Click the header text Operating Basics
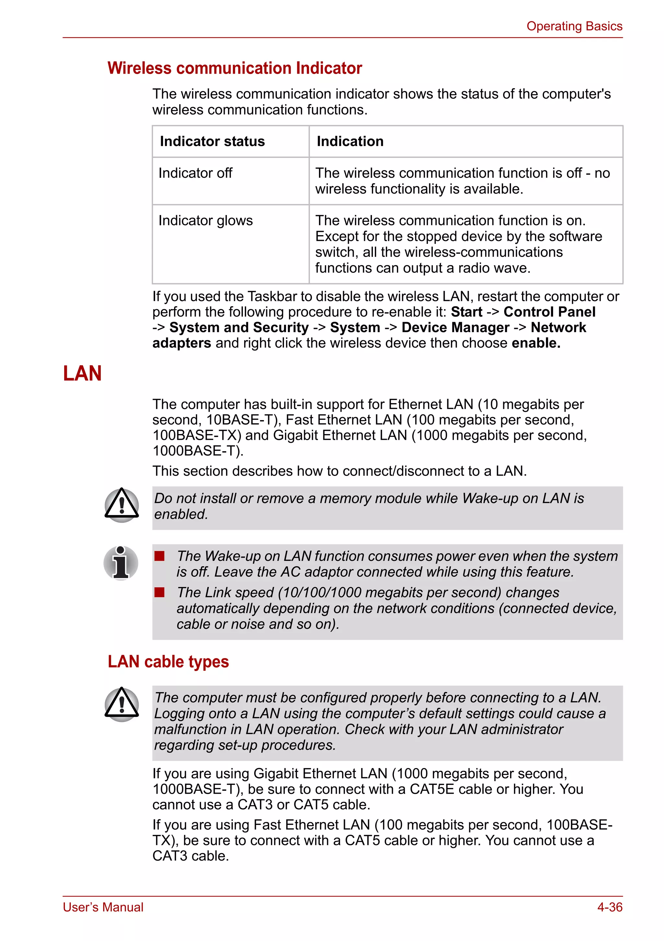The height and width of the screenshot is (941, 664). (x=574, y=26)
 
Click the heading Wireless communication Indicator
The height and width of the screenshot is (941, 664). (x=235, y=68)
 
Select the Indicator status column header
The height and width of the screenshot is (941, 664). (x=212, y=141)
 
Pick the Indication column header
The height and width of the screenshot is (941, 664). (x=350, y=141)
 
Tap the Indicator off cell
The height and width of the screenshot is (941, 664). (x=196, y=173)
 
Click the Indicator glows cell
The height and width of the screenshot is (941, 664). (x=206, y=221)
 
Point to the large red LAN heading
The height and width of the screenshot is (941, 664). (x=82, y=373)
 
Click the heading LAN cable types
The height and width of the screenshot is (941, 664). (x=168, y=661)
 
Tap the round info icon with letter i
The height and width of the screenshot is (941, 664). (x=121, y=563)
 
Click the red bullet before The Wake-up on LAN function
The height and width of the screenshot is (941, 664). (x=159, y=556)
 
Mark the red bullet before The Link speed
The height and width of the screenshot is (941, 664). (x=159, y=592)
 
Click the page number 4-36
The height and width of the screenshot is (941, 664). (x=610, y=907)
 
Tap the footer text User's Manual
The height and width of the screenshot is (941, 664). (x=103, y=907)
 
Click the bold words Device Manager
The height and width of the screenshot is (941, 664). (x=455, y=328)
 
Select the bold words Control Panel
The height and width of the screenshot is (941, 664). (x=549, y=312)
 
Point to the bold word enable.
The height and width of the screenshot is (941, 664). (x=536, y=343)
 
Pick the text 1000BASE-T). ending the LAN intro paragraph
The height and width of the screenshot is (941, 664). (x=198, y=451)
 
